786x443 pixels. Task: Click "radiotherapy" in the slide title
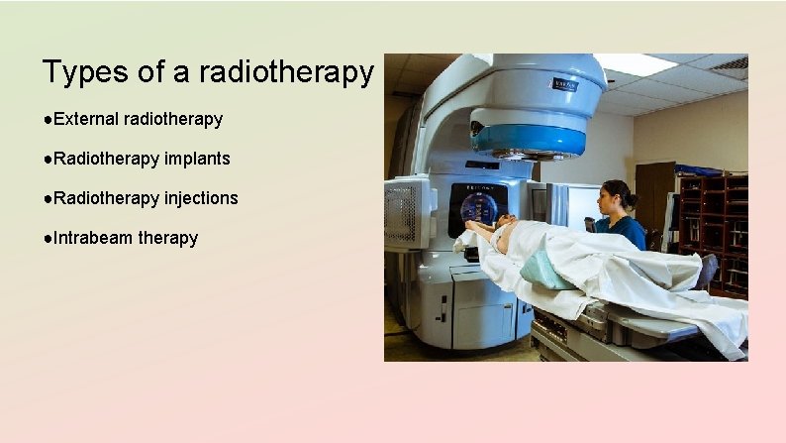coord(286,72)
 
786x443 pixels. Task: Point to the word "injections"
coord(201,198)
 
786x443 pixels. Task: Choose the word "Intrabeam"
coord(94,238)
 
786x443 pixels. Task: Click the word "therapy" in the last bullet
coord(167,238)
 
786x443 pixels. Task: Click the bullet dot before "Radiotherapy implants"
coord(48,159)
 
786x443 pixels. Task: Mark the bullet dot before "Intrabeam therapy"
coord(48,238)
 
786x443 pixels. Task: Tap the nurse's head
coord(615,193)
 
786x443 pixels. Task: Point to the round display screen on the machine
coord(479,207)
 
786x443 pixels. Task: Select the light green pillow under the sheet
coord(545,270)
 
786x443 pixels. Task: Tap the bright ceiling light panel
coord(635,64)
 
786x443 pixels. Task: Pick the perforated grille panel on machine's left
coord(405,212)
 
